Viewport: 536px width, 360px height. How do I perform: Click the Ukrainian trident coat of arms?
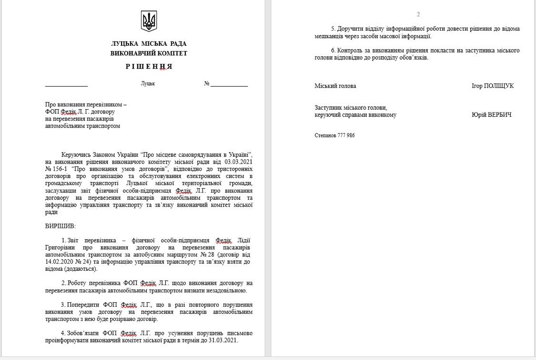tap(149, 21)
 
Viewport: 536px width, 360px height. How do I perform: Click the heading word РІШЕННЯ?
tap(149, 67)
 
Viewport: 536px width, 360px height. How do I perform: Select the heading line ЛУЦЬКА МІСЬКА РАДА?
tap(149, 44)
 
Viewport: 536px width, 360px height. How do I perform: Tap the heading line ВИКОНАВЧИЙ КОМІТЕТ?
tap(149, 53)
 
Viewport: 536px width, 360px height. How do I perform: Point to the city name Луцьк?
tap(148, 83)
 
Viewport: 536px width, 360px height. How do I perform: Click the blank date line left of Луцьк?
tap(66, 85)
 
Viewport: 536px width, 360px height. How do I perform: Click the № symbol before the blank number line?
tap(207, 83)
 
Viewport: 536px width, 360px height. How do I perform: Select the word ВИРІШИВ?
tap(61, 226)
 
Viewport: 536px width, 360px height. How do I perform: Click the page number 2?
tap(418, 14)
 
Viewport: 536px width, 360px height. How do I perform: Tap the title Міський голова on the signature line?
tap(335, 86)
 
